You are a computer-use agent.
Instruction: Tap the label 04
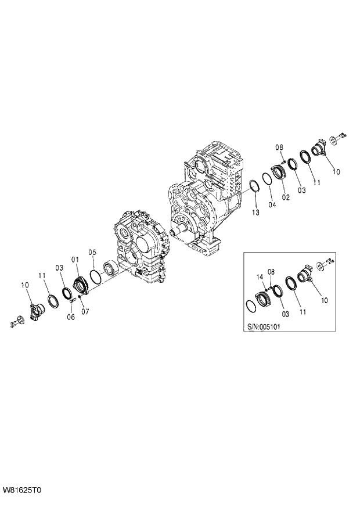pyautogui.click(x=272, y=204)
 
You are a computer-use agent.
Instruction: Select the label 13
pyautogui.click(x=256, y=213)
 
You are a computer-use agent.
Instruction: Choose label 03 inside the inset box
pyautogui.click(x=285, y=314)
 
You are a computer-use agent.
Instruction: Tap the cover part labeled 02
pyautogui.click(x=278, y=172)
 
